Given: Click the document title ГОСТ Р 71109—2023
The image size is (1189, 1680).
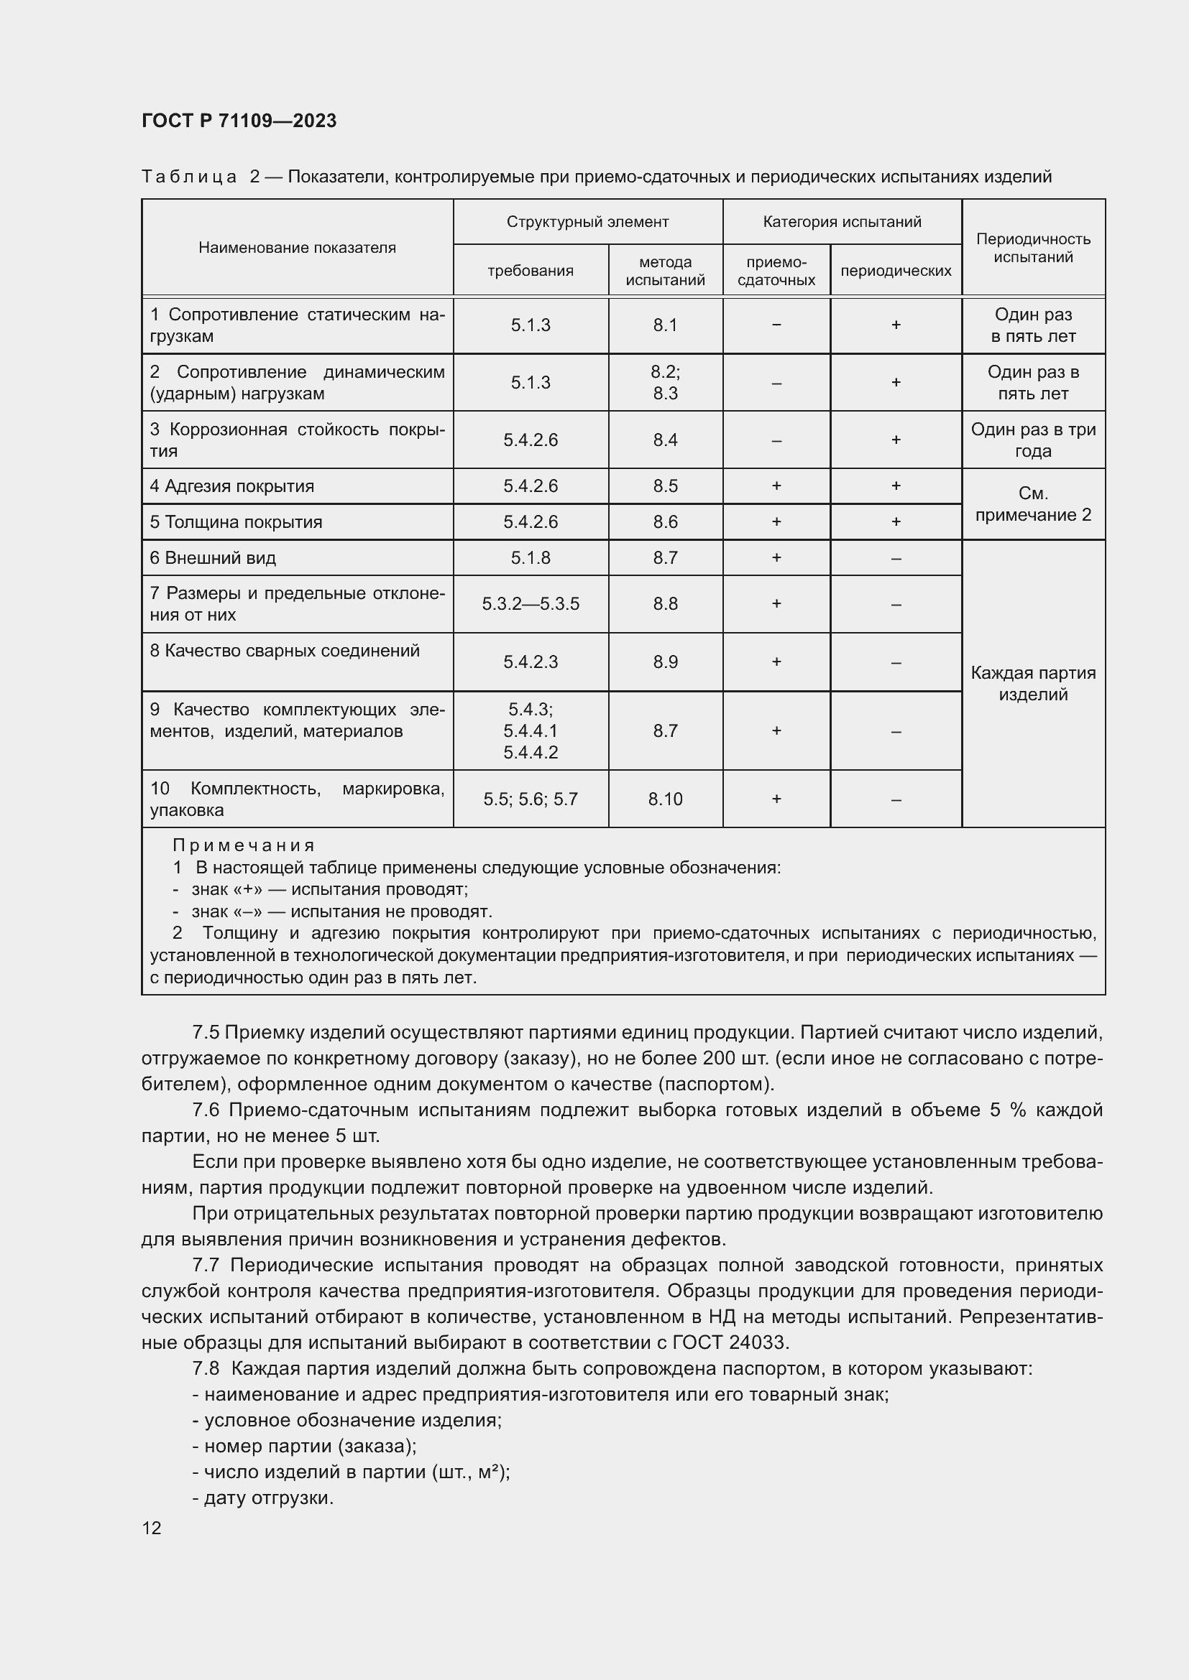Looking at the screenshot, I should pos(239,121).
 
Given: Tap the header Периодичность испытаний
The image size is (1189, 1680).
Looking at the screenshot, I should pos(1032,248).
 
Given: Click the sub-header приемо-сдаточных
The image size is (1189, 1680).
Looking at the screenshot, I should pos(776,271).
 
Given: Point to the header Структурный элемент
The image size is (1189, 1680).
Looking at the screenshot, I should pos(587,222).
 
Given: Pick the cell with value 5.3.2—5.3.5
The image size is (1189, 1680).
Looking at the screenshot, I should pos(530,604).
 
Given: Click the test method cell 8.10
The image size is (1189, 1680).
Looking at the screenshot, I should pos(665,799).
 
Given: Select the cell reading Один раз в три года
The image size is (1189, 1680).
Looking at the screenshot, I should pos(1032,440).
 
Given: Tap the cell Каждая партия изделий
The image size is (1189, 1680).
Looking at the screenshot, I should pos(1032,683).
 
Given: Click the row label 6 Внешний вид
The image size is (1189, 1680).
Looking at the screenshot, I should pos(213,558).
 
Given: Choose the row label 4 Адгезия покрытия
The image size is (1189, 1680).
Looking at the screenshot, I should pos(232,486).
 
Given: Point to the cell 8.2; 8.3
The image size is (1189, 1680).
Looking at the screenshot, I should pos(665,383).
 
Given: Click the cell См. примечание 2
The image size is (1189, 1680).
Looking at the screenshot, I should pos(1032,504).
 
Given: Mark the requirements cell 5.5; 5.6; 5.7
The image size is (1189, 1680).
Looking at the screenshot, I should pos(530,799).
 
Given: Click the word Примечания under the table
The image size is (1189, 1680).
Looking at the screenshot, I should pos(243,846).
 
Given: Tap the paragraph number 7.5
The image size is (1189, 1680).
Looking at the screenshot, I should pos(206,1032).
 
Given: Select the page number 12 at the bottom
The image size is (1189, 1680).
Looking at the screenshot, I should pos(152,1528).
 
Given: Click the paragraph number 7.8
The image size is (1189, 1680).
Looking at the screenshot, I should pos(206,1368).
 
